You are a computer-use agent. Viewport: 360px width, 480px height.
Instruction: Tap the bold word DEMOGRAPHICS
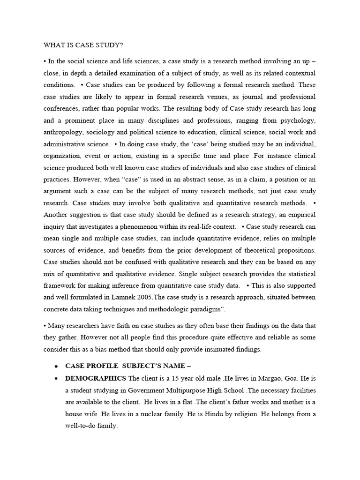pyautogui.click(x=96, y=378)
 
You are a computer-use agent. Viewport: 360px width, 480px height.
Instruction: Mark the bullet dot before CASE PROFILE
pyautogui.click(x=56, y=366)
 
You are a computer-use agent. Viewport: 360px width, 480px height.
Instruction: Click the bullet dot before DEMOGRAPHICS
pyautogui.click(x=56, y=378)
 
